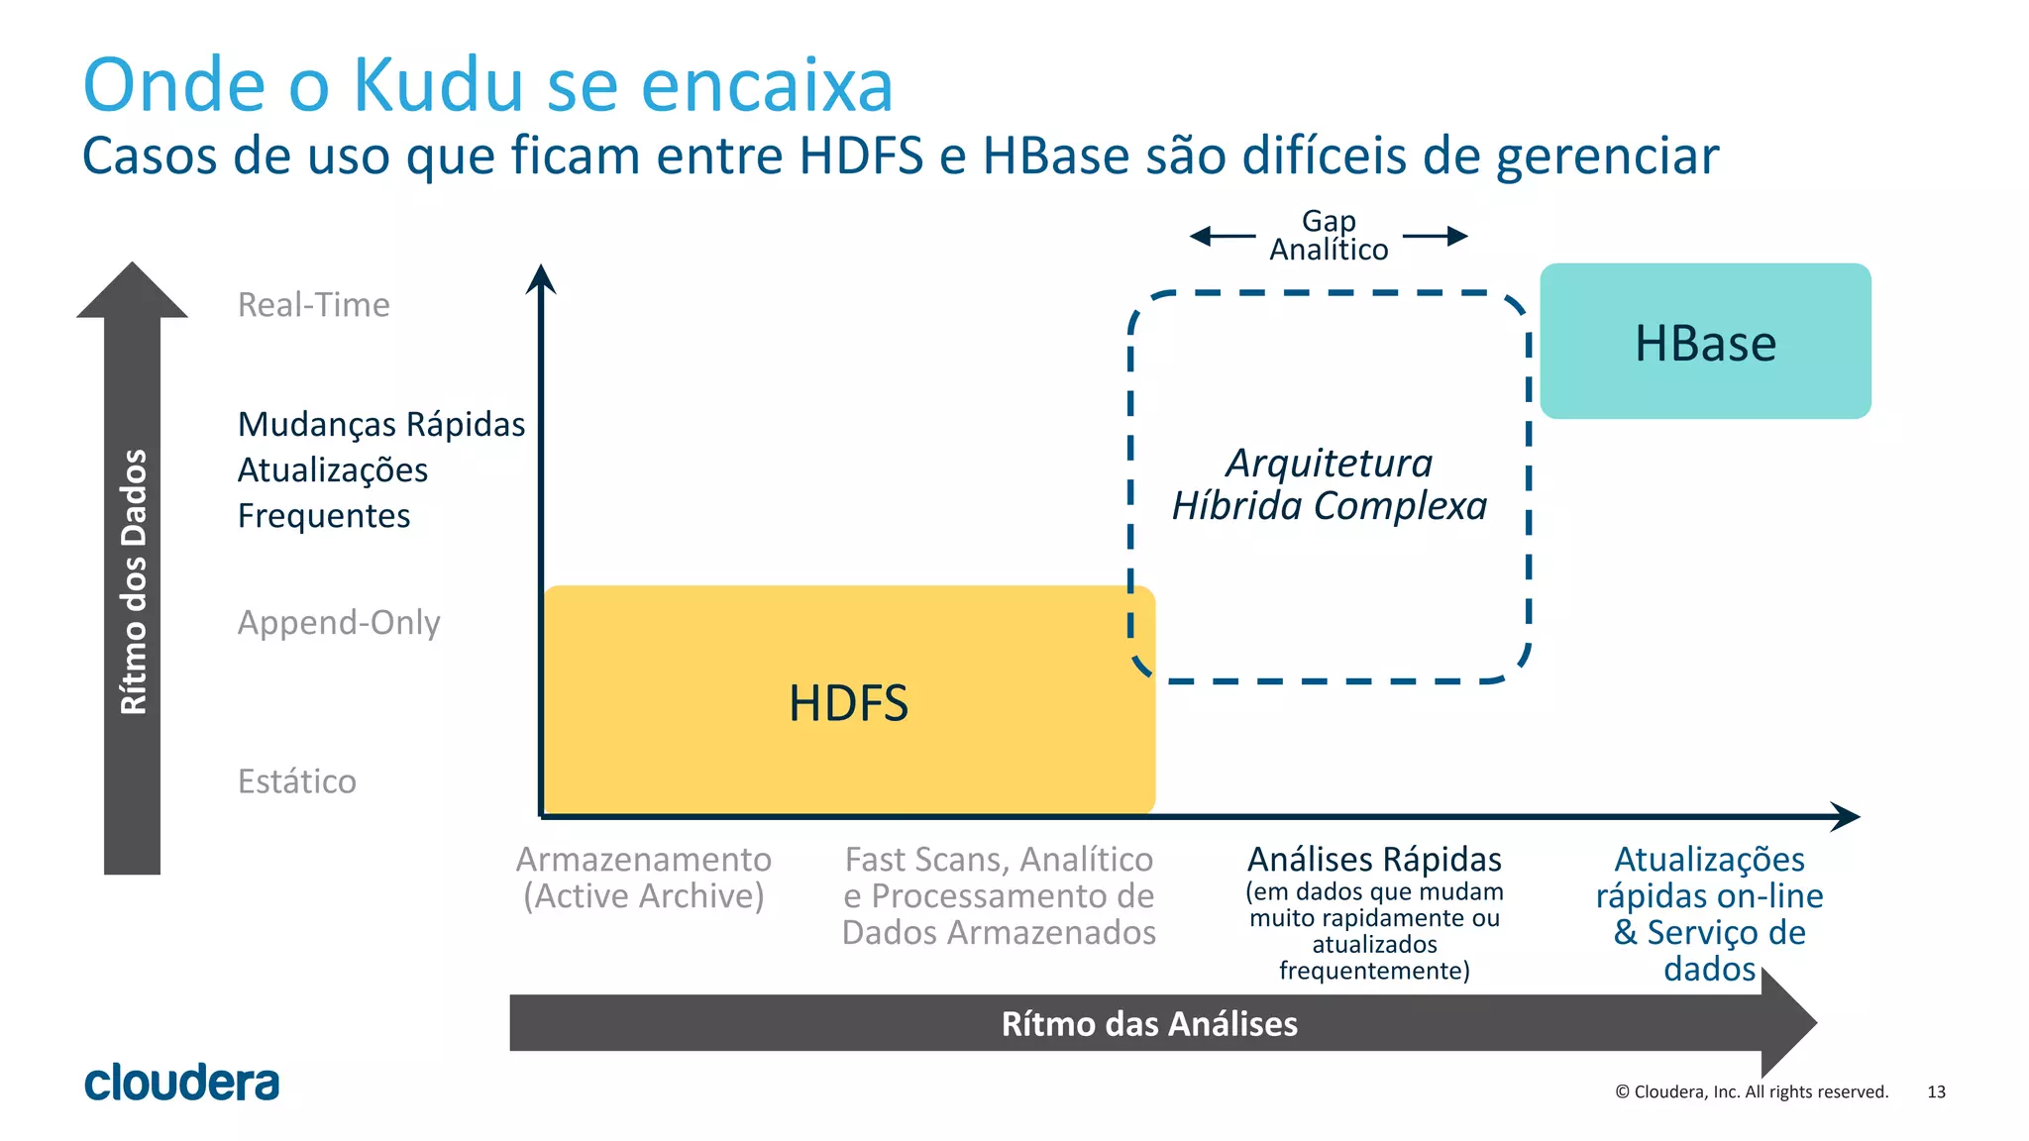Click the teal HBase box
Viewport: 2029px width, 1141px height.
[x=1705, y=342]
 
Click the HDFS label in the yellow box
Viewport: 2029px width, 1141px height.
[x=848, y=703]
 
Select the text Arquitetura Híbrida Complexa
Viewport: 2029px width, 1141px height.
[x=1330, y=484]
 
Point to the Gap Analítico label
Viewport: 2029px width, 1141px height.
[x=1329, y=236]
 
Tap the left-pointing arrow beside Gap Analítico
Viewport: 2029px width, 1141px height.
[x=1222, y=236]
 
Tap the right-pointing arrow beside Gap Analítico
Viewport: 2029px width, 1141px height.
[x=1436, y=236]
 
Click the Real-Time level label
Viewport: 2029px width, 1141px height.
[x=313, y=305]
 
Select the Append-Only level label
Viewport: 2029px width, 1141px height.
[x=339, y=623]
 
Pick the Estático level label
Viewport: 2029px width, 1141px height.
[x=296, y=781]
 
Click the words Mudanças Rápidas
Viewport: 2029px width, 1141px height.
[x=381, y=424]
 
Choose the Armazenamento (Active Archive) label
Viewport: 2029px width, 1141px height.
[x=643, y=878]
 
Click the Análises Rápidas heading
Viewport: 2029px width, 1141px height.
[x=1374, y=859]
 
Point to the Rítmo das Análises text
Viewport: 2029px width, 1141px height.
[x=1149, y=1023]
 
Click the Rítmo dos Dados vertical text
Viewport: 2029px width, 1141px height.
[x=133, y=582]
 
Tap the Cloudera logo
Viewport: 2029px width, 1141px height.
[x=182, y=1083]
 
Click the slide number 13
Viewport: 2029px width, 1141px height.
[x=1936, y=1091]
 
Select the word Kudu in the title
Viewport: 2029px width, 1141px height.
[x=438, y=85]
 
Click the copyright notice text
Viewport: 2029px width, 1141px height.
[x=1752, y=1091]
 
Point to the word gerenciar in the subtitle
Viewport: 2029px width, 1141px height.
[x=1607, y=156]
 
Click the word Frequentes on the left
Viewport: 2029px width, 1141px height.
[x=324, y=516]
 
